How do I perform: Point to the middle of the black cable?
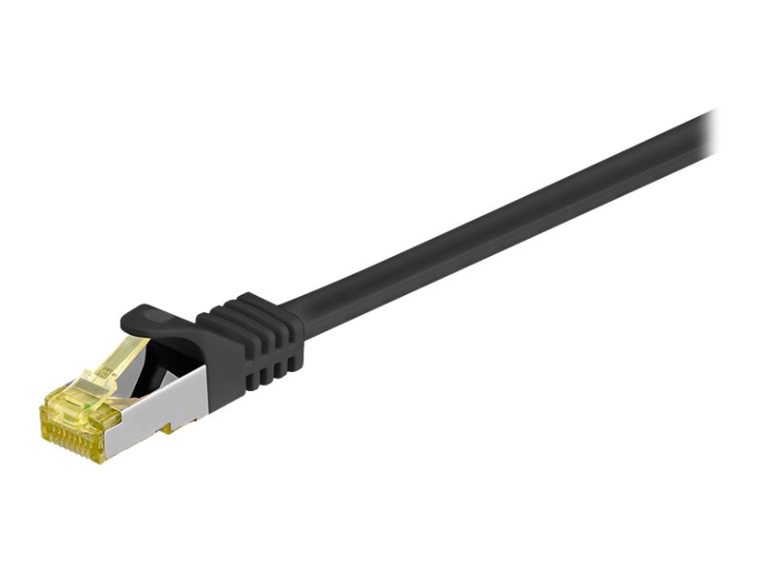coord(495,224)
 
